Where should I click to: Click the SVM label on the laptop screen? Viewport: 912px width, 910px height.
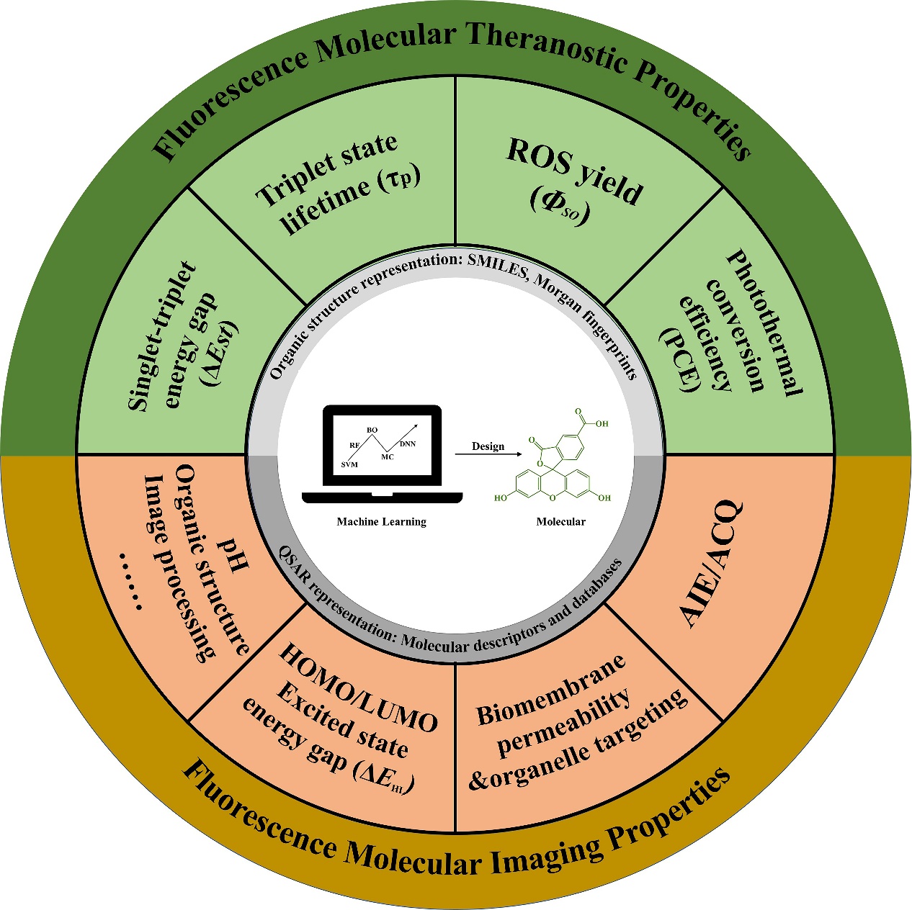coord(349,464)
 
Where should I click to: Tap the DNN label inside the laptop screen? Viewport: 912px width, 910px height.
coord(408,444)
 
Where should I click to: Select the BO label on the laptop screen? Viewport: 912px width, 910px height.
coord(372,430)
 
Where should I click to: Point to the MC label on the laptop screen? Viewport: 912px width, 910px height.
coord(388,457)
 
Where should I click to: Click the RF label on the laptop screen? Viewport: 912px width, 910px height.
coord(354,446)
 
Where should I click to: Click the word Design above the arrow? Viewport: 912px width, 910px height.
coord(488,446)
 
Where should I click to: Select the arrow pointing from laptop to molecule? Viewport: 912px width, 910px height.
coord(488,454)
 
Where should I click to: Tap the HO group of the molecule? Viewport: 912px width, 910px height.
coord(501,497)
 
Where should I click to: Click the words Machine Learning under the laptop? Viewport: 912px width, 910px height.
coord(382,522)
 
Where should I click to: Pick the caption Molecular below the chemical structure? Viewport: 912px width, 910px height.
coord(561,522)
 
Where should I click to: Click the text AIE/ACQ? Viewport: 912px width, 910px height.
coord(710,564)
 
